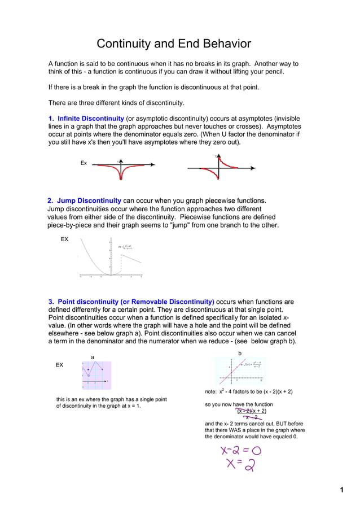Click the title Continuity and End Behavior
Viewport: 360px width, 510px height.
click(173, 44)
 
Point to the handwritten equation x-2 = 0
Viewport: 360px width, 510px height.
click(241, 451)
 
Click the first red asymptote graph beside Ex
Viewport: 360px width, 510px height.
click(122, 167)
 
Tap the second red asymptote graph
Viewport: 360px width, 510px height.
click(218, 168)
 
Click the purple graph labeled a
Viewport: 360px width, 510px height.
click(96, 375)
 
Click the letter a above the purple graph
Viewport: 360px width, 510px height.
click(93, 357)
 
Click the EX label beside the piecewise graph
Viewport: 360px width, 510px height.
click(64, 239)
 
